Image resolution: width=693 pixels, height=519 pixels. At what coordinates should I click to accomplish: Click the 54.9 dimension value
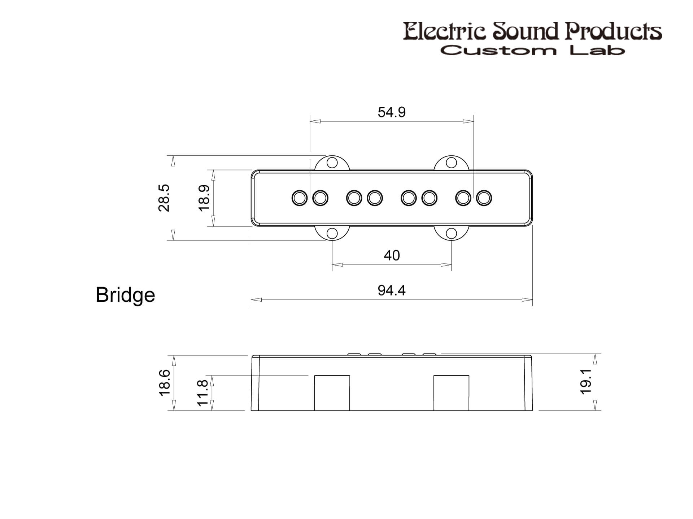[392, 112]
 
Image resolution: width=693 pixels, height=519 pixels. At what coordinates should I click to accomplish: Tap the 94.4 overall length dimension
[392, 290]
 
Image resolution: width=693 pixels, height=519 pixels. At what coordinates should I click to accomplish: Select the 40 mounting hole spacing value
[392, 256]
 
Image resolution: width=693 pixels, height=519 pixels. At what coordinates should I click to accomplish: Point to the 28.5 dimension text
[164, 198]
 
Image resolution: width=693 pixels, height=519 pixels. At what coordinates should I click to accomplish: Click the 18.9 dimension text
[204, 198]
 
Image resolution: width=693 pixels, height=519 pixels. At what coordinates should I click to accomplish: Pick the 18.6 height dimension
[165, 383]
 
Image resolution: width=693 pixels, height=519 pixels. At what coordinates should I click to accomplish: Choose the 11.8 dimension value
[203, 392]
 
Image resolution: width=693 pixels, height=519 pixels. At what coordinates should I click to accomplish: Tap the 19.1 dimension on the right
[586, 382]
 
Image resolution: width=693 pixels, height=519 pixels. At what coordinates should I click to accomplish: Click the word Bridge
[125, 295]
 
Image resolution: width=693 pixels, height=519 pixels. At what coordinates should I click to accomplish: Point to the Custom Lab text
[532, 50]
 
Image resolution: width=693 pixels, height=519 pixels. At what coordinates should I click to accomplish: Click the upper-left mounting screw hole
[332, 163]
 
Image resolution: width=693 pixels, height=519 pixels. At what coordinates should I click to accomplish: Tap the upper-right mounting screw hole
[451, 163]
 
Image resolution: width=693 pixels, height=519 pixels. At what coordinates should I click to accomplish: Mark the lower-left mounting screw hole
[332, 233]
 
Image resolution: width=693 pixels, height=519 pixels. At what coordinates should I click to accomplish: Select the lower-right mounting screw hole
[451, 233]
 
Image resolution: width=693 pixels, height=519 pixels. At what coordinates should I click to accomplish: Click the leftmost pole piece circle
[300, 198]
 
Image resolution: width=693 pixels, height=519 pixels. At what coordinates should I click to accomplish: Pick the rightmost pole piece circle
[484, 198]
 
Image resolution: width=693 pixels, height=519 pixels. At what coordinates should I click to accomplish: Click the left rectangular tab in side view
[332, 393]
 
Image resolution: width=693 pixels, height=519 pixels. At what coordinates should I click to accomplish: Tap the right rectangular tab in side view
[451, 393]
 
